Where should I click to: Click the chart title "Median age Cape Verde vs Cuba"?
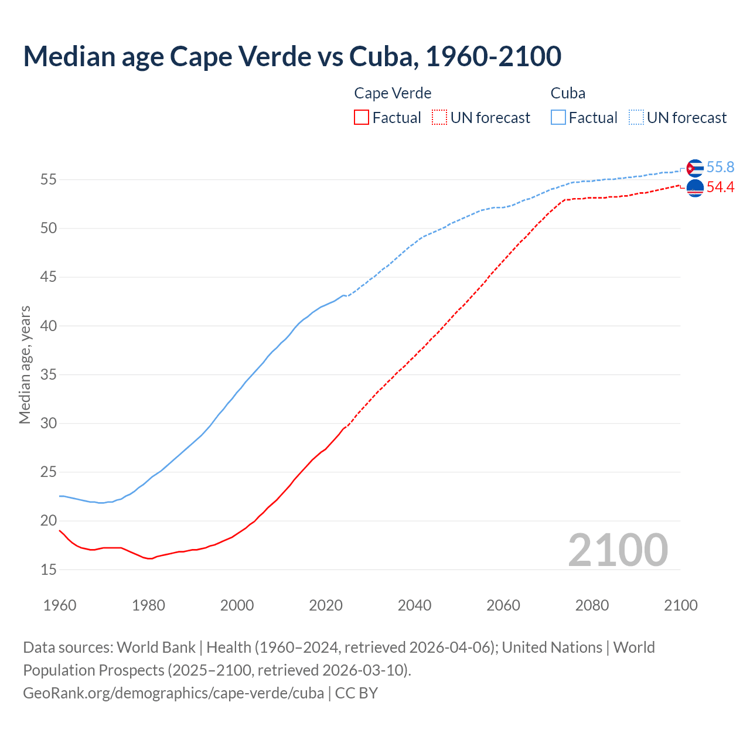coord(292,56)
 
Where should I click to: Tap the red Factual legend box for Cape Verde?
coord(362,117)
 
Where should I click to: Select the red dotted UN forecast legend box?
coord(439,117)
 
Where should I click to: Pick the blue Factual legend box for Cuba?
coord(558,117)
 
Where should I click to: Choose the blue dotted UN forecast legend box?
coord(636,117)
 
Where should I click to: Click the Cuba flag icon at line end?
coord(694,168)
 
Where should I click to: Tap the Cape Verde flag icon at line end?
coord(694,188)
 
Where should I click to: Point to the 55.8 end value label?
coord(720,168)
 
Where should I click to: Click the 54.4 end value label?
coord(720,187)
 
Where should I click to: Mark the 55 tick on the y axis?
coord(49,180)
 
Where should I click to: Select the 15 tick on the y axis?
coord(49,570)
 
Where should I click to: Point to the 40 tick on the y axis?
coord(49,326)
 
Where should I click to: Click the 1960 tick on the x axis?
coord(60,605)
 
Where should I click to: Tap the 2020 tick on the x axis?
coord(326,605)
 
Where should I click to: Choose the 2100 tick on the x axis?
coord(680,605)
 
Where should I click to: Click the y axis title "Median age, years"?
coord(25,364)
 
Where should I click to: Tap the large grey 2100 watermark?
coord(618,550)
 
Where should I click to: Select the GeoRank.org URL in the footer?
coord(173,693)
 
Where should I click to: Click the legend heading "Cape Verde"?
coord(393,93)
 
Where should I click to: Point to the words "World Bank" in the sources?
coord(156,647)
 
